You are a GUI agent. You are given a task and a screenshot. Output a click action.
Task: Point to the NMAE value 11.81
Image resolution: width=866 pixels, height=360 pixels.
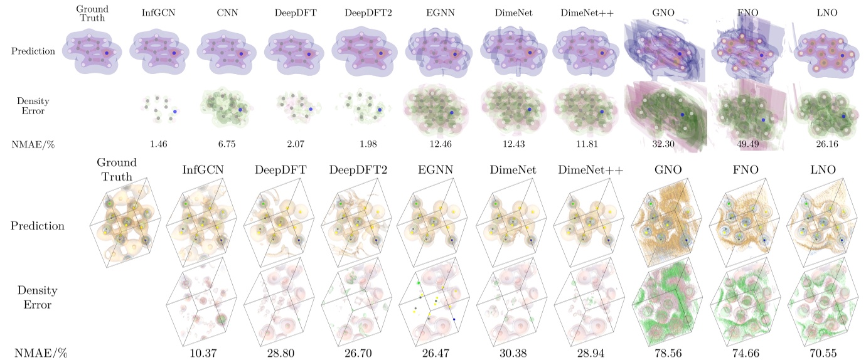587,145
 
